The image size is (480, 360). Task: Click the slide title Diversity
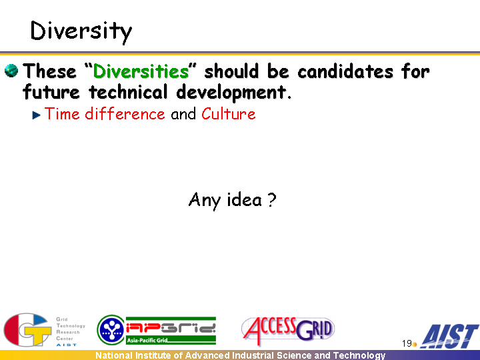(x=81, y=32)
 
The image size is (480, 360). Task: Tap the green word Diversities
(x=141, y=71)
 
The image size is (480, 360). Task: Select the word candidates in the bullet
(x=345, y=71)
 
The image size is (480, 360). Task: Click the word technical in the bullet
(x=128, y=92)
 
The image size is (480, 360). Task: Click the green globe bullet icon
(x=11, y=71)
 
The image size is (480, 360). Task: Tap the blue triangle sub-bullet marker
(x=37, y=115)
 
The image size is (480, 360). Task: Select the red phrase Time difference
(x=105, y=114)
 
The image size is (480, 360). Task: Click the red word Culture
(x=229, y=114)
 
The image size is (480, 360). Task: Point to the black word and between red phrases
(x=183, y=114)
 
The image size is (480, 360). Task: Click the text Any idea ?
(x=233, y=200)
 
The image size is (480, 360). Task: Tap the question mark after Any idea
(x=271, y=200)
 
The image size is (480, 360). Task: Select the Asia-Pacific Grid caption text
(x=147, y=340)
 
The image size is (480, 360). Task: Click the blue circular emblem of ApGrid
(x=111, y=330)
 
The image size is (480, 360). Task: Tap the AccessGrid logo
(x=288, y=331)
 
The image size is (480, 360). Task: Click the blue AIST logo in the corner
(x=449, y=336)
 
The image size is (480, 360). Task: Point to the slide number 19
(x=407, y=343)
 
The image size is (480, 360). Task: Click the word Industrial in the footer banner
(x=253, y=355)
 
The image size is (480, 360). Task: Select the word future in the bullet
(x=51, y=92)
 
